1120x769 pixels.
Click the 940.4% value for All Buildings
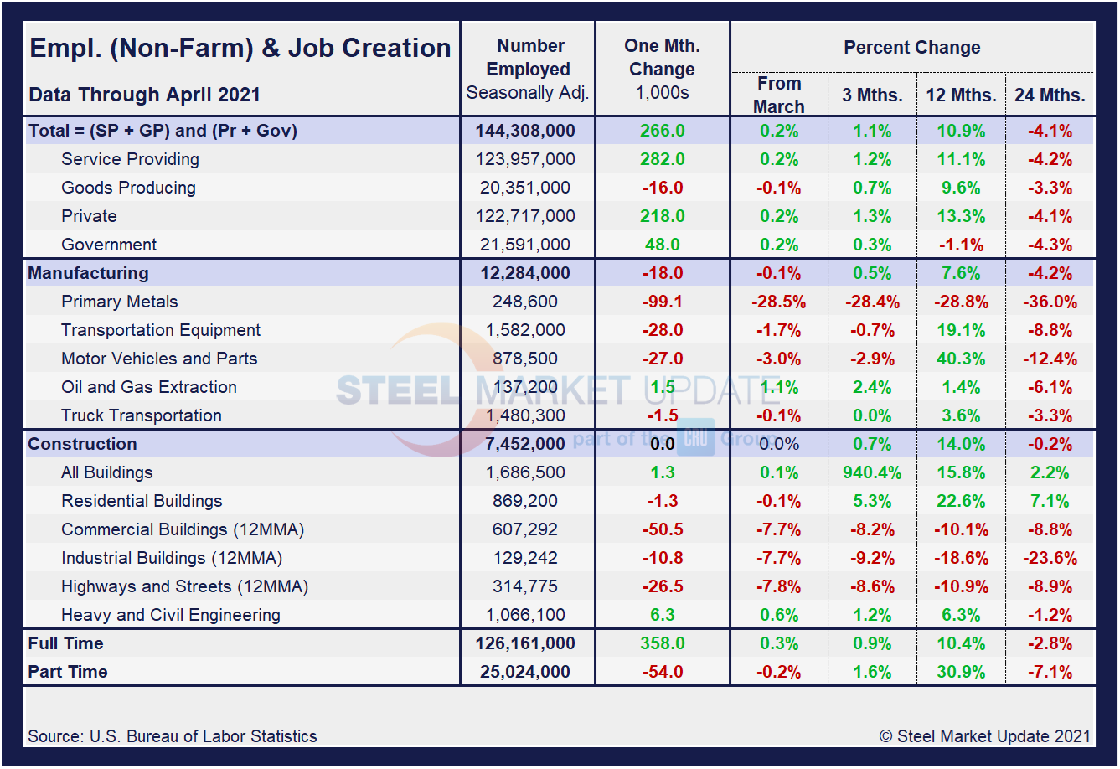pos(872,472)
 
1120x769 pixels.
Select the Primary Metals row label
pos(119,302)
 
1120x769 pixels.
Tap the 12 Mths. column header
pos(961,95)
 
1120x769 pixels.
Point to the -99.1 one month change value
pos(663,302)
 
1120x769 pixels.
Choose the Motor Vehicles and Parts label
pos(159,359)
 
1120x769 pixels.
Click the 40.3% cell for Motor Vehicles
pos(961,359)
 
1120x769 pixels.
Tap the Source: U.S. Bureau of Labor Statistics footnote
pos(173,736)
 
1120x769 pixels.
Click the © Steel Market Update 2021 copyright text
pos(985,736)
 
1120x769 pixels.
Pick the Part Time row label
pos(68,672)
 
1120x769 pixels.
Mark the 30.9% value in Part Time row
pos(961,672)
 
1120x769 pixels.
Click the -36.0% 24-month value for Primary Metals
pos(1050,302)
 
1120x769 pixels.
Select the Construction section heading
pos(82,444)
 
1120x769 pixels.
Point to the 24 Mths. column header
pos(1050,95)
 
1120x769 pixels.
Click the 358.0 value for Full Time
pos(663,643)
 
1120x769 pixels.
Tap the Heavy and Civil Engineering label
pos(171,615)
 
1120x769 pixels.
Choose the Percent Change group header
pos(911,48)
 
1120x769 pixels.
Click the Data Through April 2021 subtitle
pos(144,95)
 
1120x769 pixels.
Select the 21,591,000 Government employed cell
pos(527,245)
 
